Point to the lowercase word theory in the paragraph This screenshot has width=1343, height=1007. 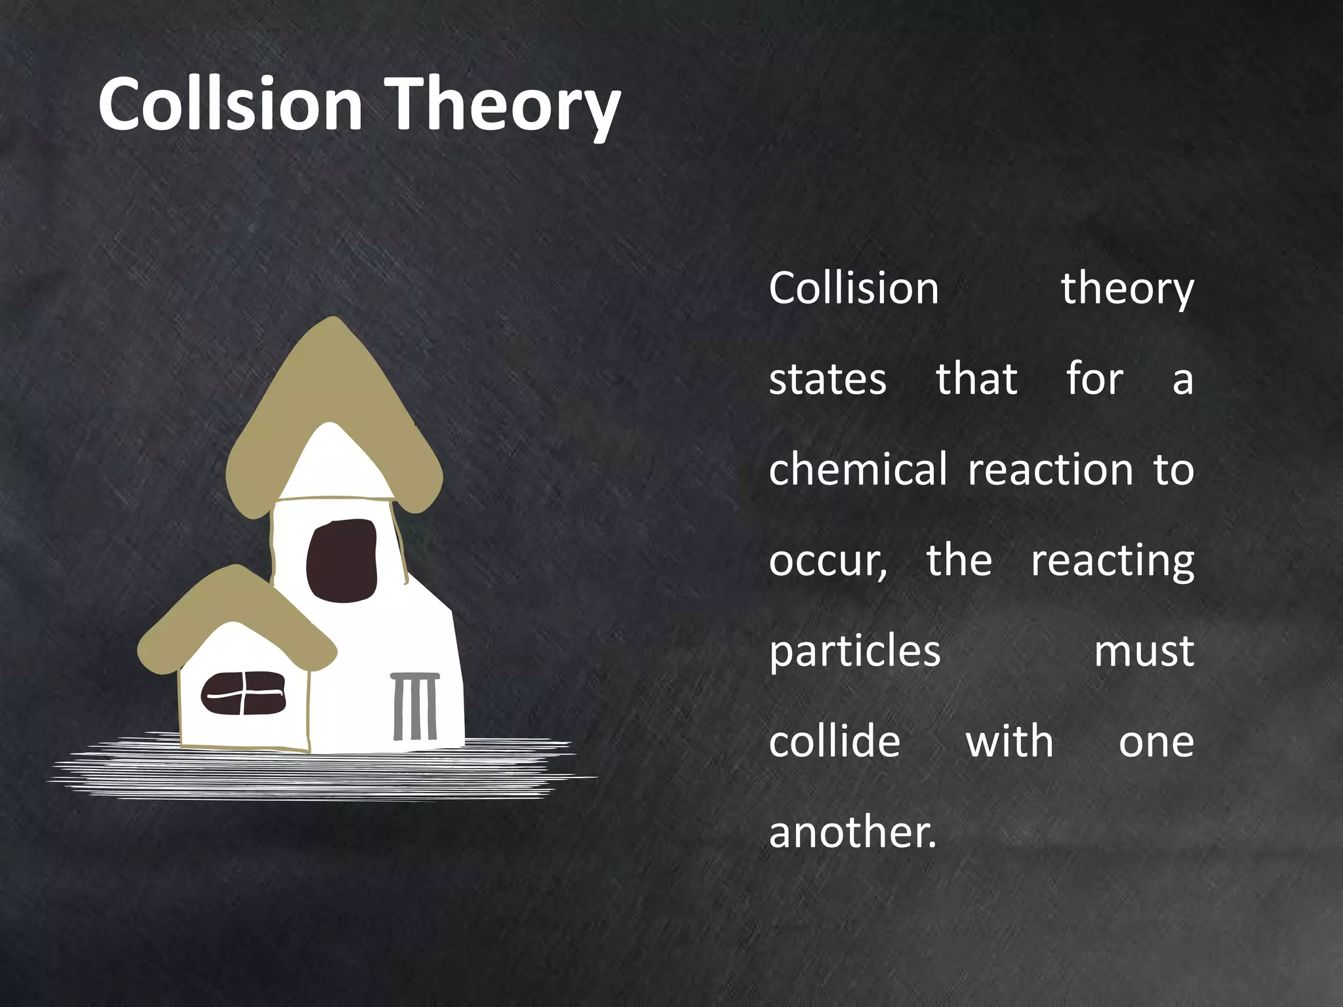tap(1127, 289)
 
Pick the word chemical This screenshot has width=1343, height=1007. tap(858, 469)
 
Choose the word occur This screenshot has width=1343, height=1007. tap(828, 561)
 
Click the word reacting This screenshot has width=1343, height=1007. tap(1112, 561)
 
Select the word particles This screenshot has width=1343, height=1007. tap(854, 652)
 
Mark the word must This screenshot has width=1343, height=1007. tap(1144, 652)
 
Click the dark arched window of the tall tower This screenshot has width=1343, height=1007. tap(342, 561)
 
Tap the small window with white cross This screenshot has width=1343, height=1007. tap(243, 693)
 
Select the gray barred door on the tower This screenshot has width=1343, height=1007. tap(415, 706)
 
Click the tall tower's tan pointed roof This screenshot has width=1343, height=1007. tap(333, 380)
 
